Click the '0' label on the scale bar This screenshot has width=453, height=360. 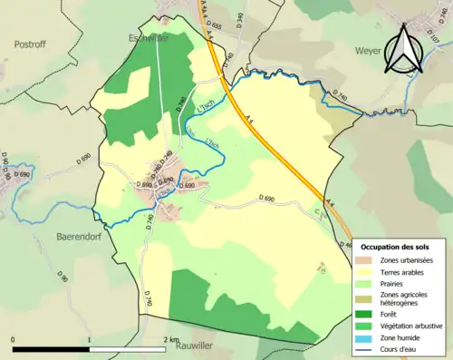tap(14, 340)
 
